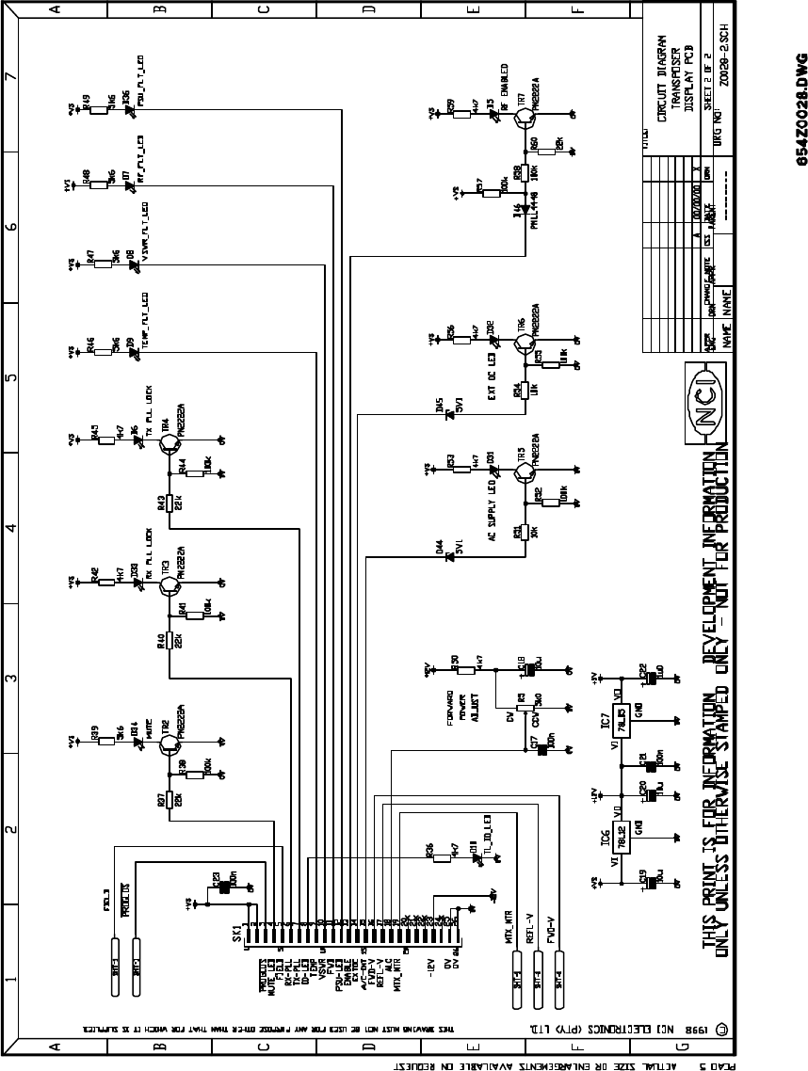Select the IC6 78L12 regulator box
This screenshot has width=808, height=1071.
point(621,834)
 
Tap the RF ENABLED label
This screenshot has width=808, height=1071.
point(505,88)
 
